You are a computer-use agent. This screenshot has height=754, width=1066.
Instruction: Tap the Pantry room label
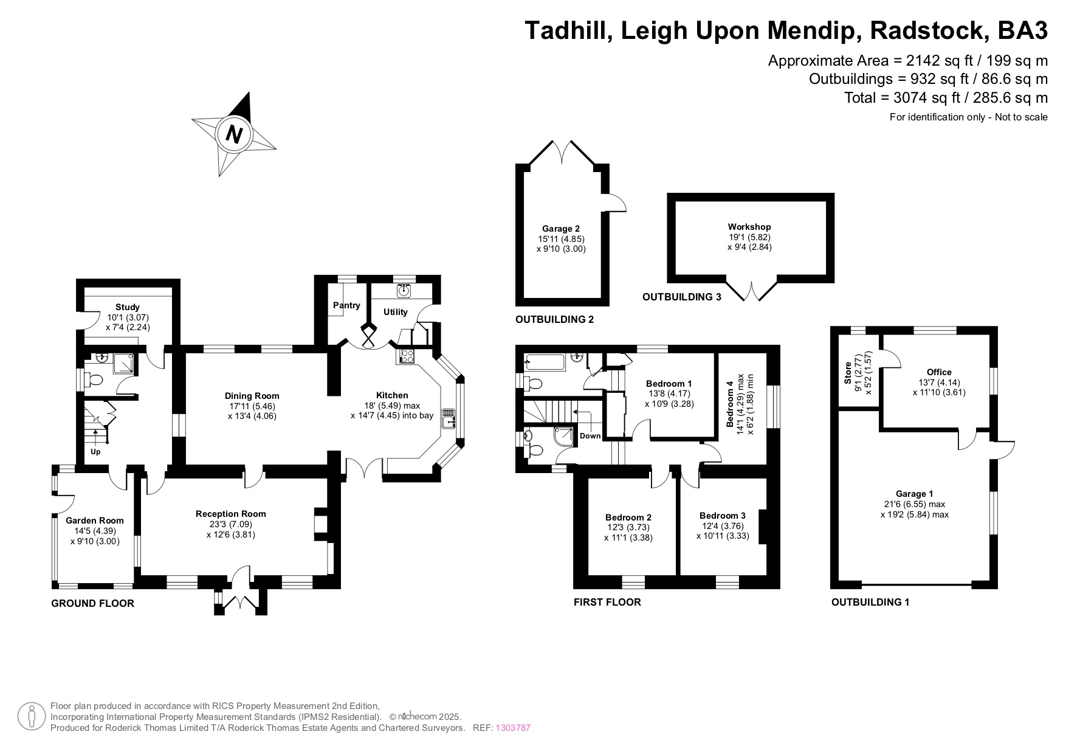346,305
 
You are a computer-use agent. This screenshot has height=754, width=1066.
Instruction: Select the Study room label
128,307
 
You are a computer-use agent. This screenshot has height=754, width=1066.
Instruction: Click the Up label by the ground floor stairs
95,452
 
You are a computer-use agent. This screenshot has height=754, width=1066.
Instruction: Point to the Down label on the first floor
590,436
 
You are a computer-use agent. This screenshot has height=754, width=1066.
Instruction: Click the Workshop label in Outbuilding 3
749,227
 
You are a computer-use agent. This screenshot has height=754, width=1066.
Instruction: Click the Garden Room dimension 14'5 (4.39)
94,531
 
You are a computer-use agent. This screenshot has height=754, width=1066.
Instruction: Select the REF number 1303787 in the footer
513,728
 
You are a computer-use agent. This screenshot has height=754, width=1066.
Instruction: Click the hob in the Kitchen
406,356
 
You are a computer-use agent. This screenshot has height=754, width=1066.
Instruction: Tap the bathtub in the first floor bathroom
545,363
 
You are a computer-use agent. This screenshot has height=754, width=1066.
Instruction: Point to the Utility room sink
404,291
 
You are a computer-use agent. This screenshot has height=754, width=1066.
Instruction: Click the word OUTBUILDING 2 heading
554,319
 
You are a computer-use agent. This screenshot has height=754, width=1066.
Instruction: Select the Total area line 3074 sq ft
946,97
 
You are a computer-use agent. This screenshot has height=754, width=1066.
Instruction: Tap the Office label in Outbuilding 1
939,372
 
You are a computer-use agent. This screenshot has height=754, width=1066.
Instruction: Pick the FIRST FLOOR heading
607,602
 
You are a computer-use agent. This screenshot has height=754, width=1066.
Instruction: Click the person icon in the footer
32,717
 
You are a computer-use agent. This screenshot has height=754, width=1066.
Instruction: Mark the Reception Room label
231,514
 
